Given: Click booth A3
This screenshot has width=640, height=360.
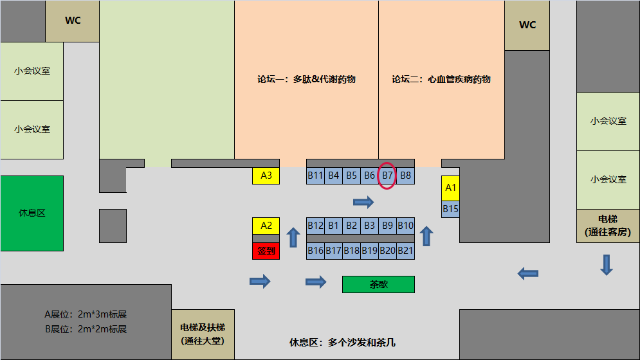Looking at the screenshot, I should pos(266,175).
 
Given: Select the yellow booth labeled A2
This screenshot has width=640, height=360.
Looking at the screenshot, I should pos(266,226).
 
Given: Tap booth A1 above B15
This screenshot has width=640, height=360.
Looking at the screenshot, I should pos(450,188).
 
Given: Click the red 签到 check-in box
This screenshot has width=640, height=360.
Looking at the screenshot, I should pos(266,251).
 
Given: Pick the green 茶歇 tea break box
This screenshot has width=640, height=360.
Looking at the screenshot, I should pos(378,284).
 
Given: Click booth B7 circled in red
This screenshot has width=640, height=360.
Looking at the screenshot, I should pos(387,175).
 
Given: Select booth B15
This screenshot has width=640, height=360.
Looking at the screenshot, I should pos(450,209).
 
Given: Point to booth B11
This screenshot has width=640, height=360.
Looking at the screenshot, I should pos(315,175).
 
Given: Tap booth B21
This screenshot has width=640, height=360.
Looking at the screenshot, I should pos(405,251).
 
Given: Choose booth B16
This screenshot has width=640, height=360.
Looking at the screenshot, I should pos(315,251).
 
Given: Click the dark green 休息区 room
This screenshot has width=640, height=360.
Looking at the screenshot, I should pos(32,213).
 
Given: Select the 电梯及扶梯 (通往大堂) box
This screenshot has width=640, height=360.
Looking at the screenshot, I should pos(203,334).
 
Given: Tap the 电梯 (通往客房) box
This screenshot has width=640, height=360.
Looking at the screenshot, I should pos(607,226).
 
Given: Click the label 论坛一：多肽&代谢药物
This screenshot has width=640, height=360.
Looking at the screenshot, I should pos(306,80).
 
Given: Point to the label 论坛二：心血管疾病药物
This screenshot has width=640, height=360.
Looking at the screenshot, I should pos(441,80).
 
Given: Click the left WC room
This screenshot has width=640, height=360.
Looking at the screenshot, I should pos(73,21).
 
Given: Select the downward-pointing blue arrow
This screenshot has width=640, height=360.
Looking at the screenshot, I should pos(606,264).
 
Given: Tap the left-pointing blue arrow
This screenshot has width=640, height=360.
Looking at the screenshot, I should pos(528,273).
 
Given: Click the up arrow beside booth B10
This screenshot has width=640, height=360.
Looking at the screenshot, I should pos(425,237).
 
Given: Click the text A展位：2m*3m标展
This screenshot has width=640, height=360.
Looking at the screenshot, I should pos(86,315).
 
